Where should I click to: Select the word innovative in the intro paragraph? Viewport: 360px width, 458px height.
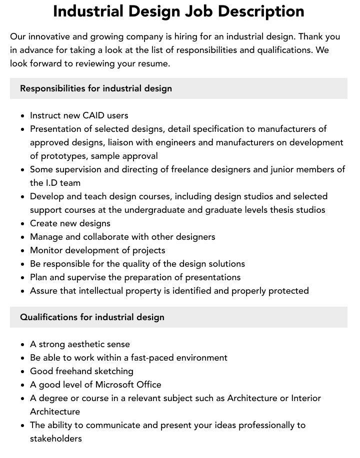50,36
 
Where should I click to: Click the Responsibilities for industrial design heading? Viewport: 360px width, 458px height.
96,88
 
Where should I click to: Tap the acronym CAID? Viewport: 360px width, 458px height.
95,115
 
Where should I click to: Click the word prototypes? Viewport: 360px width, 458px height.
64,156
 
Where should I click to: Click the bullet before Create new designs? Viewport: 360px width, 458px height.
23,224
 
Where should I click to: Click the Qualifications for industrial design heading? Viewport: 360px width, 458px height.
92,317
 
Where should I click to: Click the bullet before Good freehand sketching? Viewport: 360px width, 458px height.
23,372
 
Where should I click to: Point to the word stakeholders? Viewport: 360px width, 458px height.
56,439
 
